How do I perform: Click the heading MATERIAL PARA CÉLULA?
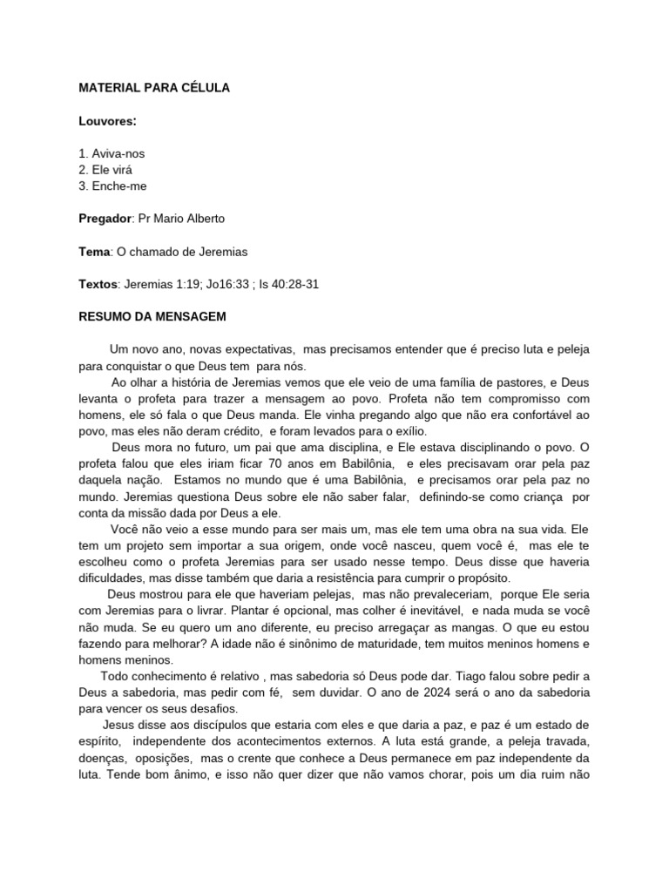154,88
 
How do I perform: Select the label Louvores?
107,120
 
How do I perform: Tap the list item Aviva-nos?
112,153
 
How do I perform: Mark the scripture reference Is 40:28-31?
288,285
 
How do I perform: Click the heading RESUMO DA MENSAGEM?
152,317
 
